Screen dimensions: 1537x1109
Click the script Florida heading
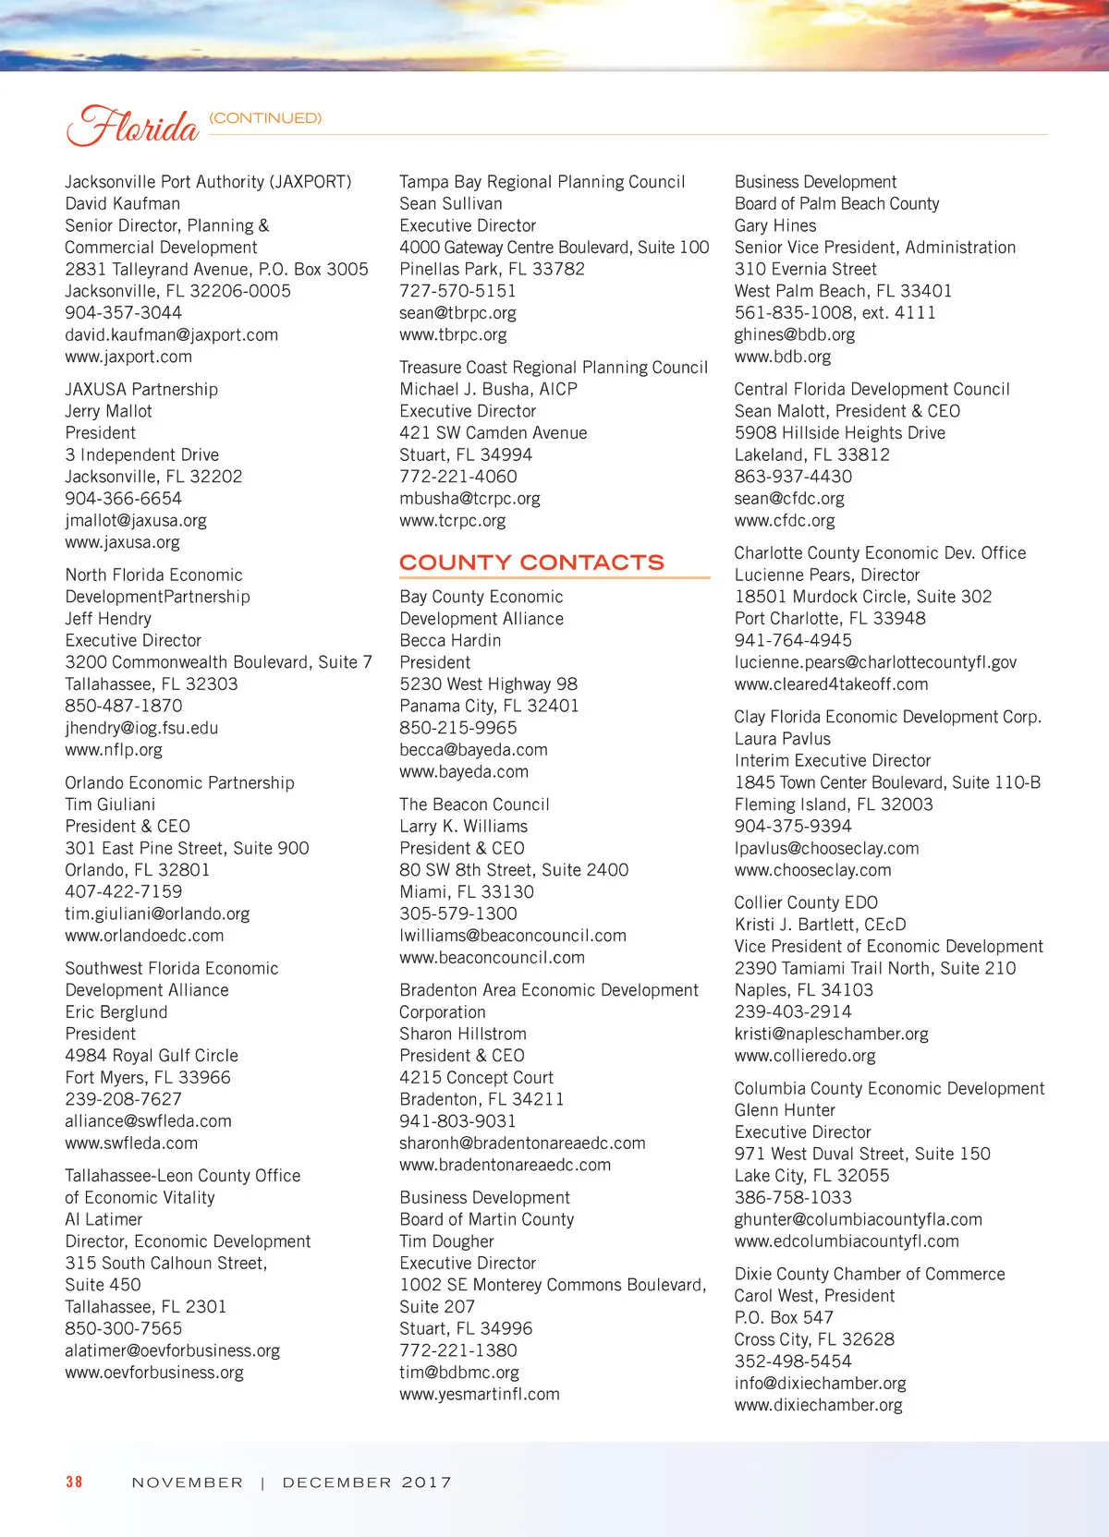pos(132,125)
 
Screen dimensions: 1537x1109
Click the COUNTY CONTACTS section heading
pos(531,563)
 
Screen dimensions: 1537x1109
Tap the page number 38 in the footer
pos(74,1482)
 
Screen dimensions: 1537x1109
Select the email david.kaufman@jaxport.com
pos(171,334)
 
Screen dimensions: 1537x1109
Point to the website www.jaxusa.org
pos(122,542)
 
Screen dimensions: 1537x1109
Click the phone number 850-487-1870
pos(124,706)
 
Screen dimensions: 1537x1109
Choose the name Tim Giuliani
pos(110,805)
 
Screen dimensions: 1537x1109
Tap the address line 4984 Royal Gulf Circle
pos(152,1055)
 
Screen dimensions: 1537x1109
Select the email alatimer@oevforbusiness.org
pos(172,1350)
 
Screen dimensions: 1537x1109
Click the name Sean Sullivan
pos(451,203)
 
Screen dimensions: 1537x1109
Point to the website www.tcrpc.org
pos(453,520)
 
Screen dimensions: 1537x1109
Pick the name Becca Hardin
pos(450,640)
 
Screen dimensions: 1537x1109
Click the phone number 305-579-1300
pos(458,914)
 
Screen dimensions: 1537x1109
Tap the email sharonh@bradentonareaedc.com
pos(522,1143)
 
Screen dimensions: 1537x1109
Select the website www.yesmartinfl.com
pos(480,1394)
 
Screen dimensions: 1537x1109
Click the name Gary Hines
pos(775,225)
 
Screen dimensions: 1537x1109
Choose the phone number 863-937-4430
pos(793,477)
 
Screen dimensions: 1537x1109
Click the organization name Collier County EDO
pos(806,902)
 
